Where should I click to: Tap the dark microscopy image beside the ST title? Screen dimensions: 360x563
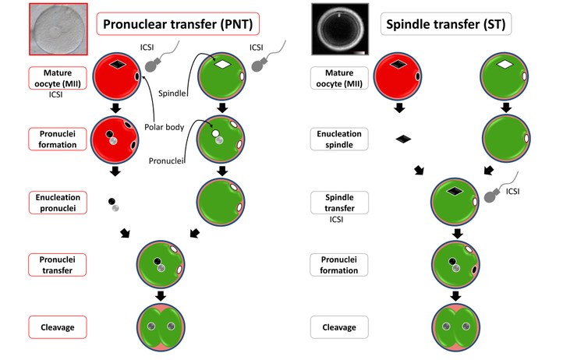339,28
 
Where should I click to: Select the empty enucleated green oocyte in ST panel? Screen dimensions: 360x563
505,140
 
